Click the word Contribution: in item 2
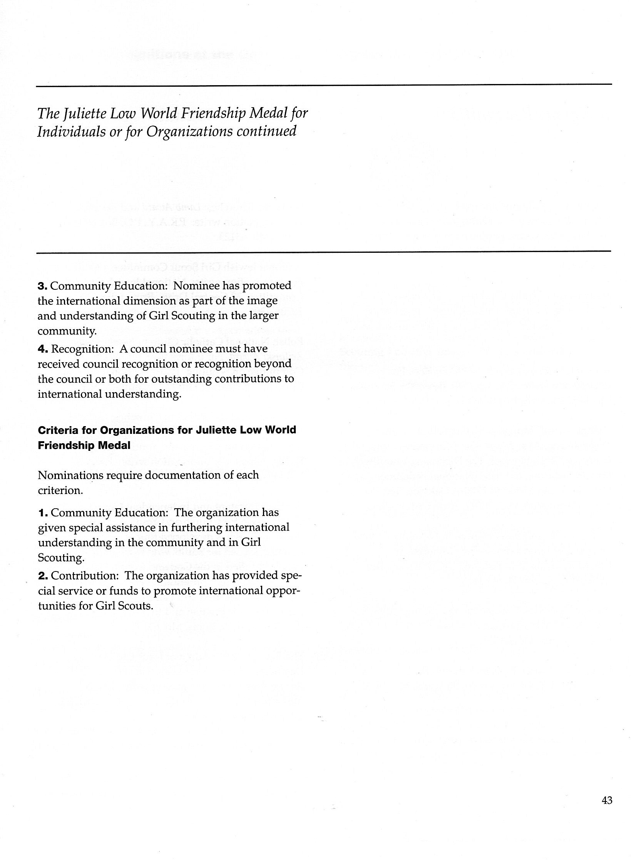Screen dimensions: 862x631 [85, 576]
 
